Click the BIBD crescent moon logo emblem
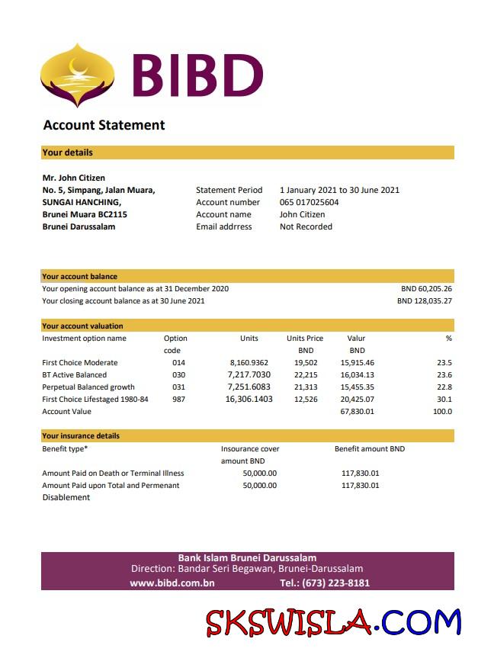pos(77,75)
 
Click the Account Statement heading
pos(104,125)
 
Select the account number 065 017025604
pos(309,202)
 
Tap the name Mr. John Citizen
pos(74,178)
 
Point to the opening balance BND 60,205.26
pos(425,289)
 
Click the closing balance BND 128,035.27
pos(424,301)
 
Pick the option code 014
pos(178,363)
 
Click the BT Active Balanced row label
pos(74,375)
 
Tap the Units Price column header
pos(305,339)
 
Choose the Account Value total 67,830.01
pos(357,412)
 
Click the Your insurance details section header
pos(80,436)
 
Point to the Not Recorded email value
pos(306,226)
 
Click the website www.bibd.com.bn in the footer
pos(172,583)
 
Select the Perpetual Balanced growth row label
pos(88,387)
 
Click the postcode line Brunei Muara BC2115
pos(84,214)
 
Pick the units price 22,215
pos(305,375)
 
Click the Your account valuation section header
pos(82,326)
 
